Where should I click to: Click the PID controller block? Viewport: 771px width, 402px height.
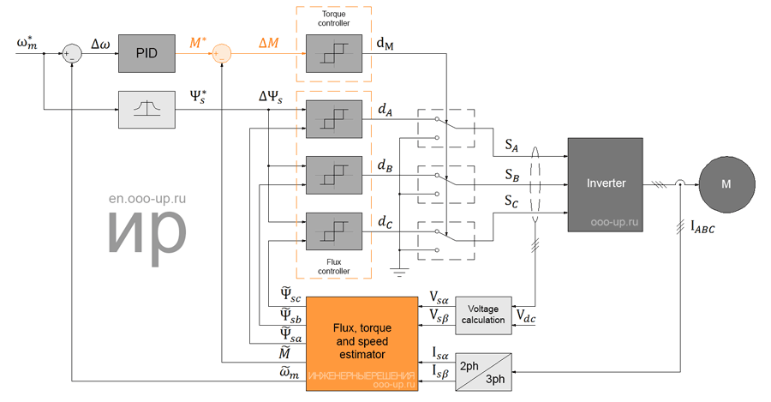click(x=146, y=53)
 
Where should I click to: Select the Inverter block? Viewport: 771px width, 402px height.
click(x=606, y=183)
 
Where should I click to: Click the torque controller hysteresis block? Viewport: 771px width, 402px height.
click(x=334, y=53)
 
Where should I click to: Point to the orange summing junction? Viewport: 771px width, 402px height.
click(x=221, y=53)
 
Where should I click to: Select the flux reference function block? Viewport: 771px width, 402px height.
click(x=146, y=110)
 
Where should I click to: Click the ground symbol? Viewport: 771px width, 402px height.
click(x=400, y=272)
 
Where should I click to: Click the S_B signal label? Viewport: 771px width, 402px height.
click(x=512, y=176)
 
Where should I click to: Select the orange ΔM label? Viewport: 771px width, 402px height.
click(x=268, y=41)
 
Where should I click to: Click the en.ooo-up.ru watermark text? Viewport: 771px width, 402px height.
click(x=147, y=198)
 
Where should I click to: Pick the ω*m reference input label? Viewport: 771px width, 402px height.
click(x=27, y=41)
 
